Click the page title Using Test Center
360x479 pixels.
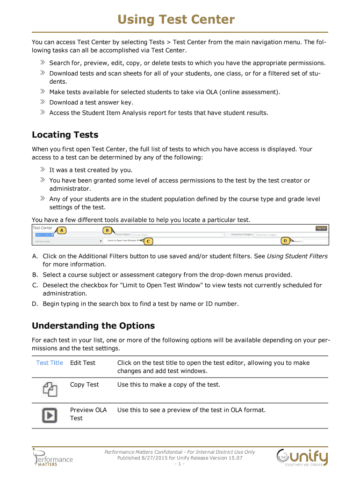point(176,20)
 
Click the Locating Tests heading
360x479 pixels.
point(65,135)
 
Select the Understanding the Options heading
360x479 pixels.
point(93,326)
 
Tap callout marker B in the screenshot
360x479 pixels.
point(107,230)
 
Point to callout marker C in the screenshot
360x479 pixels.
point(148,241)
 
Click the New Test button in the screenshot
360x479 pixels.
point(321,228)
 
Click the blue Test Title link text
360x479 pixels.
point(50,363)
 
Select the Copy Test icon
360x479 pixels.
point(50,389)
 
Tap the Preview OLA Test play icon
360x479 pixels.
point(50,414)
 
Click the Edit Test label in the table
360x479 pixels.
point(83,363)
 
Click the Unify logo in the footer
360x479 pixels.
point(302,457)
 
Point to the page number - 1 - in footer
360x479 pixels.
point(180,464)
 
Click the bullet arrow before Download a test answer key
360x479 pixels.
point(42,102)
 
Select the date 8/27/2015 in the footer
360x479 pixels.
point(152,458)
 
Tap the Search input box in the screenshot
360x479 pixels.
point(316,241)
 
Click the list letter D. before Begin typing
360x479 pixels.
point(35,304)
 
